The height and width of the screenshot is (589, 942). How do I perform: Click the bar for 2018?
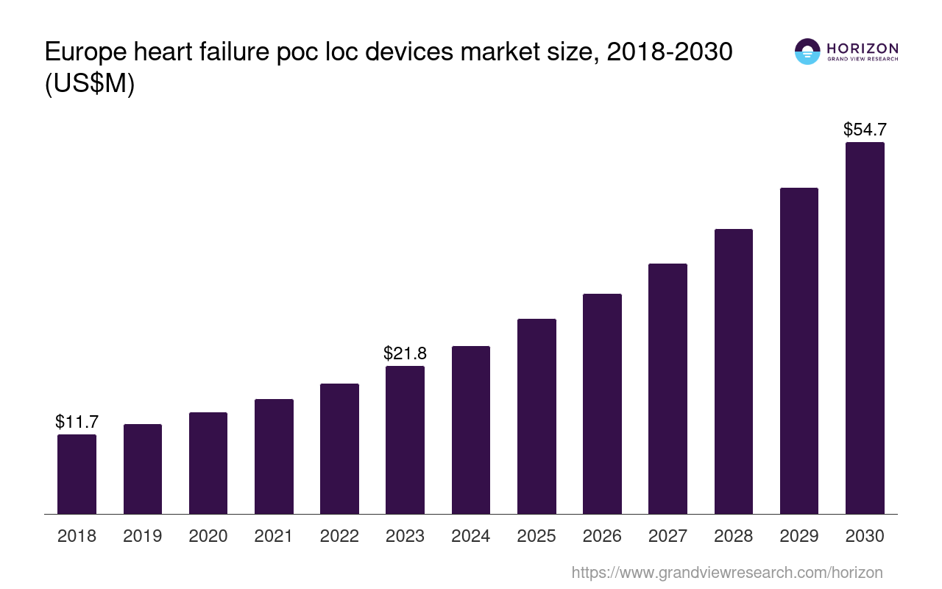coord(77,474)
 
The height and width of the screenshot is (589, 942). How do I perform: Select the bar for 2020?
coord(208,463)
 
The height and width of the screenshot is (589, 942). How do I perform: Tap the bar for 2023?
coord(405,440)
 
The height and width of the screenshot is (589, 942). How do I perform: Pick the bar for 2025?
coord(536,416)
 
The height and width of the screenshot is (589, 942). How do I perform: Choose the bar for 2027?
coord(667,389)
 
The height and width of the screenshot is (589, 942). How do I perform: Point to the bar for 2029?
coord(799,350)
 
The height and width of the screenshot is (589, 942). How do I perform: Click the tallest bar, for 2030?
coord(865,328)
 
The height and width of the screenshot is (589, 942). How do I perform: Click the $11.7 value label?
coord(77,422)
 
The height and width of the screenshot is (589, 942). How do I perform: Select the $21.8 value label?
coord(405,353)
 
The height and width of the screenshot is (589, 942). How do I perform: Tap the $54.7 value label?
coord(865,130)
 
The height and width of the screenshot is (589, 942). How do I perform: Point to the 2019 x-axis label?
coord(143,536)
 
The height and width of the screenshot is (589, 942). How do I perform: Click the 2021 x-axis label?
coord(274,536)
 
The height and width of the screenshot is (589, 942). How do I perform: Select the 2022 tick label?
coord(339,536)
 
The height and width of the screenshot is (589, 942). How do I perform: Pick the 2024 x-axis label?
coord(471,536)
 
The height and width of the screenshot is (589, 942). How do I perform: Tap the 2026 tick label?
coord(602,536)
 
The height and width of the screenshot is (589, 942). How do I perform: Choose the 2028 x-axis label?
coord(734,536)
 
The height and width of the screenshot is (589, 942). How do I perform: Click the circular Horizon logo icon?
coord(807,52)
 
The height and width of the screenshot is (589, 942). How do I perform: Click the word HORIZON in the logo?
coord(863,49)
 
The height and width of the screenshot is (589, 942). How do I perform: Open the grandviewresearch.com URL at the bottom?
coord(727,572)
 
